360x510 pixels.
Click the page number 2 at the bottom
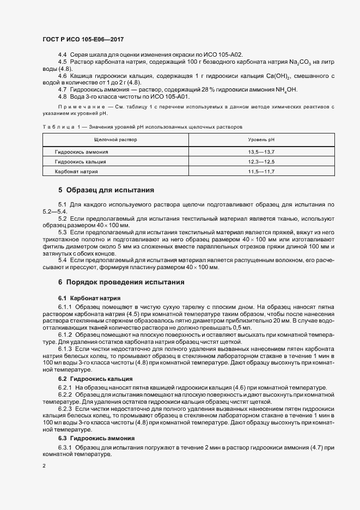tap(45, 466)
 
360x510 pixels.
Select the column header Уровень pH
tap(261, 140)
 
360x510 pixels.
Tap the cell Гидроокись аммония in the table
tap(82, 152)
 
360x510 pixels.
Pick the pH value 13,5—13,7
tap(261, 152)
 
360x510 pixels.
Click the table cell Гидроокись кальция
tap(81, 162)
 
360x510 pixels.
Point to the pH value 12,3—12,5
tap(261, 162)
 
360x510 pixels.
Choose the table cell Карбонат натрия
tap(77, 171)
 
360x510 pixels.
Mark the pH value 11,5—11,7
tap(261, 171)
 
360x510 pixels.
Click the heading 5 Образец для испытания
tap(106, 190)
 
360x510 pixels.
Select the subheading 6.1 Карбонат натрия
tap(89, 298)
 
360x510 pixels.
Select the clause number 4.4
tap(62, 55)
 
